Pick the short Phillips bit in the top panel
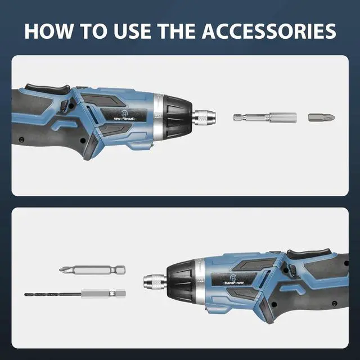[x=321, y=118]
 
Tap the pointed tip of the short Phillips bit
[x=333, y=118]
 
